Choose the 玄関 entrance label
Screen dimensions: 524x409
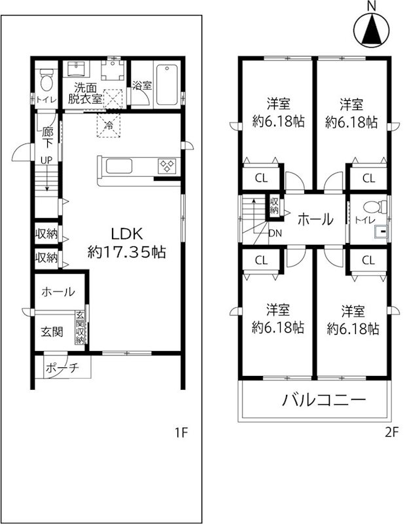point(52,331)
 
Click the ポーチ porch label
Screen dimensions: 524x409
point(62,369)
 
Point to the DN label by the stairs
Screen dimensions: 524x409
point(276,232)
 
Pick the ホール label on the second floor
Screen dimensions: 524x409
point(315,219)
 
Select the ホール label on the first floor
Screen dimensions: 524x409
point(58,293)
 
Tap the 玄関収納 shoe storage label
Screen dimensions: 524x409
point(80,326)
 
